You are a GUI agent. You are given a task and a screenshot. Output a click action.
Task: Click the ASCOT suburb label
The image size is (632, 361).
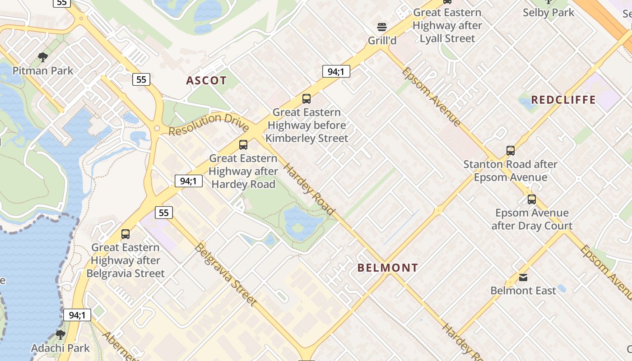pos(206,81)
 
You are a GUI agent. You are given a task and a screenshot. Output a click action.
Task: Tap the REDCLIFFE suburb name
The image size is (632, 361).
pos(563,100)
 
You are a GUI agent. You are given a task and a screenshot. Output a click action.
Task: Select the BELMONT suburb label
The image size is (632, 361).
pos(388,268)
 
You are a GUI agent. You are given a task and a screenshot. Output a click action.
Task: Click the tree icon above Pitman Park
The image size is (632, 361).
pos(43,57)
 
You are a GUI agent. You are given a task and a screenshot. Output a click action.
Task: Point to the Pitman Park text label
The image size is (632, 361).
pos(43,71)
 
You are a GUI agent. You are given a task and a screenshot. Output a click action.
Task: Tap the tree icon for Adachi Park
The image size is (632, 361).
pos(60,335)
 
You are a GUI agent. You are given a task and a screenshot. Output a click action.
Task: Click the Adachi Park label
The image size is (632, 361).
pos(60,348)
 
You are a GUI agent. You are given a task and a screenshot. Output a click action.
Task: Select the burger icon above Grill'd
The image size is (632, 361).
pos(382,27)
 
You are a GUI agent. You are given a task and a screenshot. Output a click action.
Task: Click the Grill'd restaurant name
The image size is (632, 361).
pos(382,41)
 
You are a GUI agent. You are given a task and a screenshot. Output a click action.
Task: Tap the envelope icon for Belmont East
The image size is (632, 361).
pos(523,277)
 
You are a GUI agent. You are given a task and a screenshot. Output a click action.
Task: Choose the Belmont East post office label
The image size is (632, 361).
pos(523,291)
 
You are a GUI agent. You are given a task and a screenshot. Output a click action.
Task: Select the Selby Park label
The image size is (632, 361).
pos(548,13)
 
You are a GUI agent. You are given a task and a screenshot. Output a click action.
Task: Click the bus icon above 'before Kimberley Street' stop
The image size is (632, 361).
pos(307,99)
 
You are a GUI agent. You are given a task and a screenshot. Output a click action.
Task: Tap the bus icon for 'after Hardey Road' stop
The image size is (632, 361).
pos(243,145)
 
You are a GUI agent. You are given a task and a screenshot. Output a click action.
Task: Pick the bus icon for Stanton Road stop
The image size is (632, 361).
pos(511,151)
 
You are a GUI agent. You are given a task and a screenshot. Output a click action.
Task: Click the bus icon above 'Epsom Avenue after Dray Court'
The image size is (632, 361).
pos(532,199)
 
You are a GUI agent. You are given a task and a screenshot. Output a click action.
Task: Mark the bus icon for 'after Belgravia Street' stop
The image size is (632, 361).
pos(125,234)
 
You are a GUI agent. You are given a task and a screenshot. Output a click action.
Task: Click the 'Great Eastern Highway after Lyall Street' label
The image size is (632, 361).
pos(447,25)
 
